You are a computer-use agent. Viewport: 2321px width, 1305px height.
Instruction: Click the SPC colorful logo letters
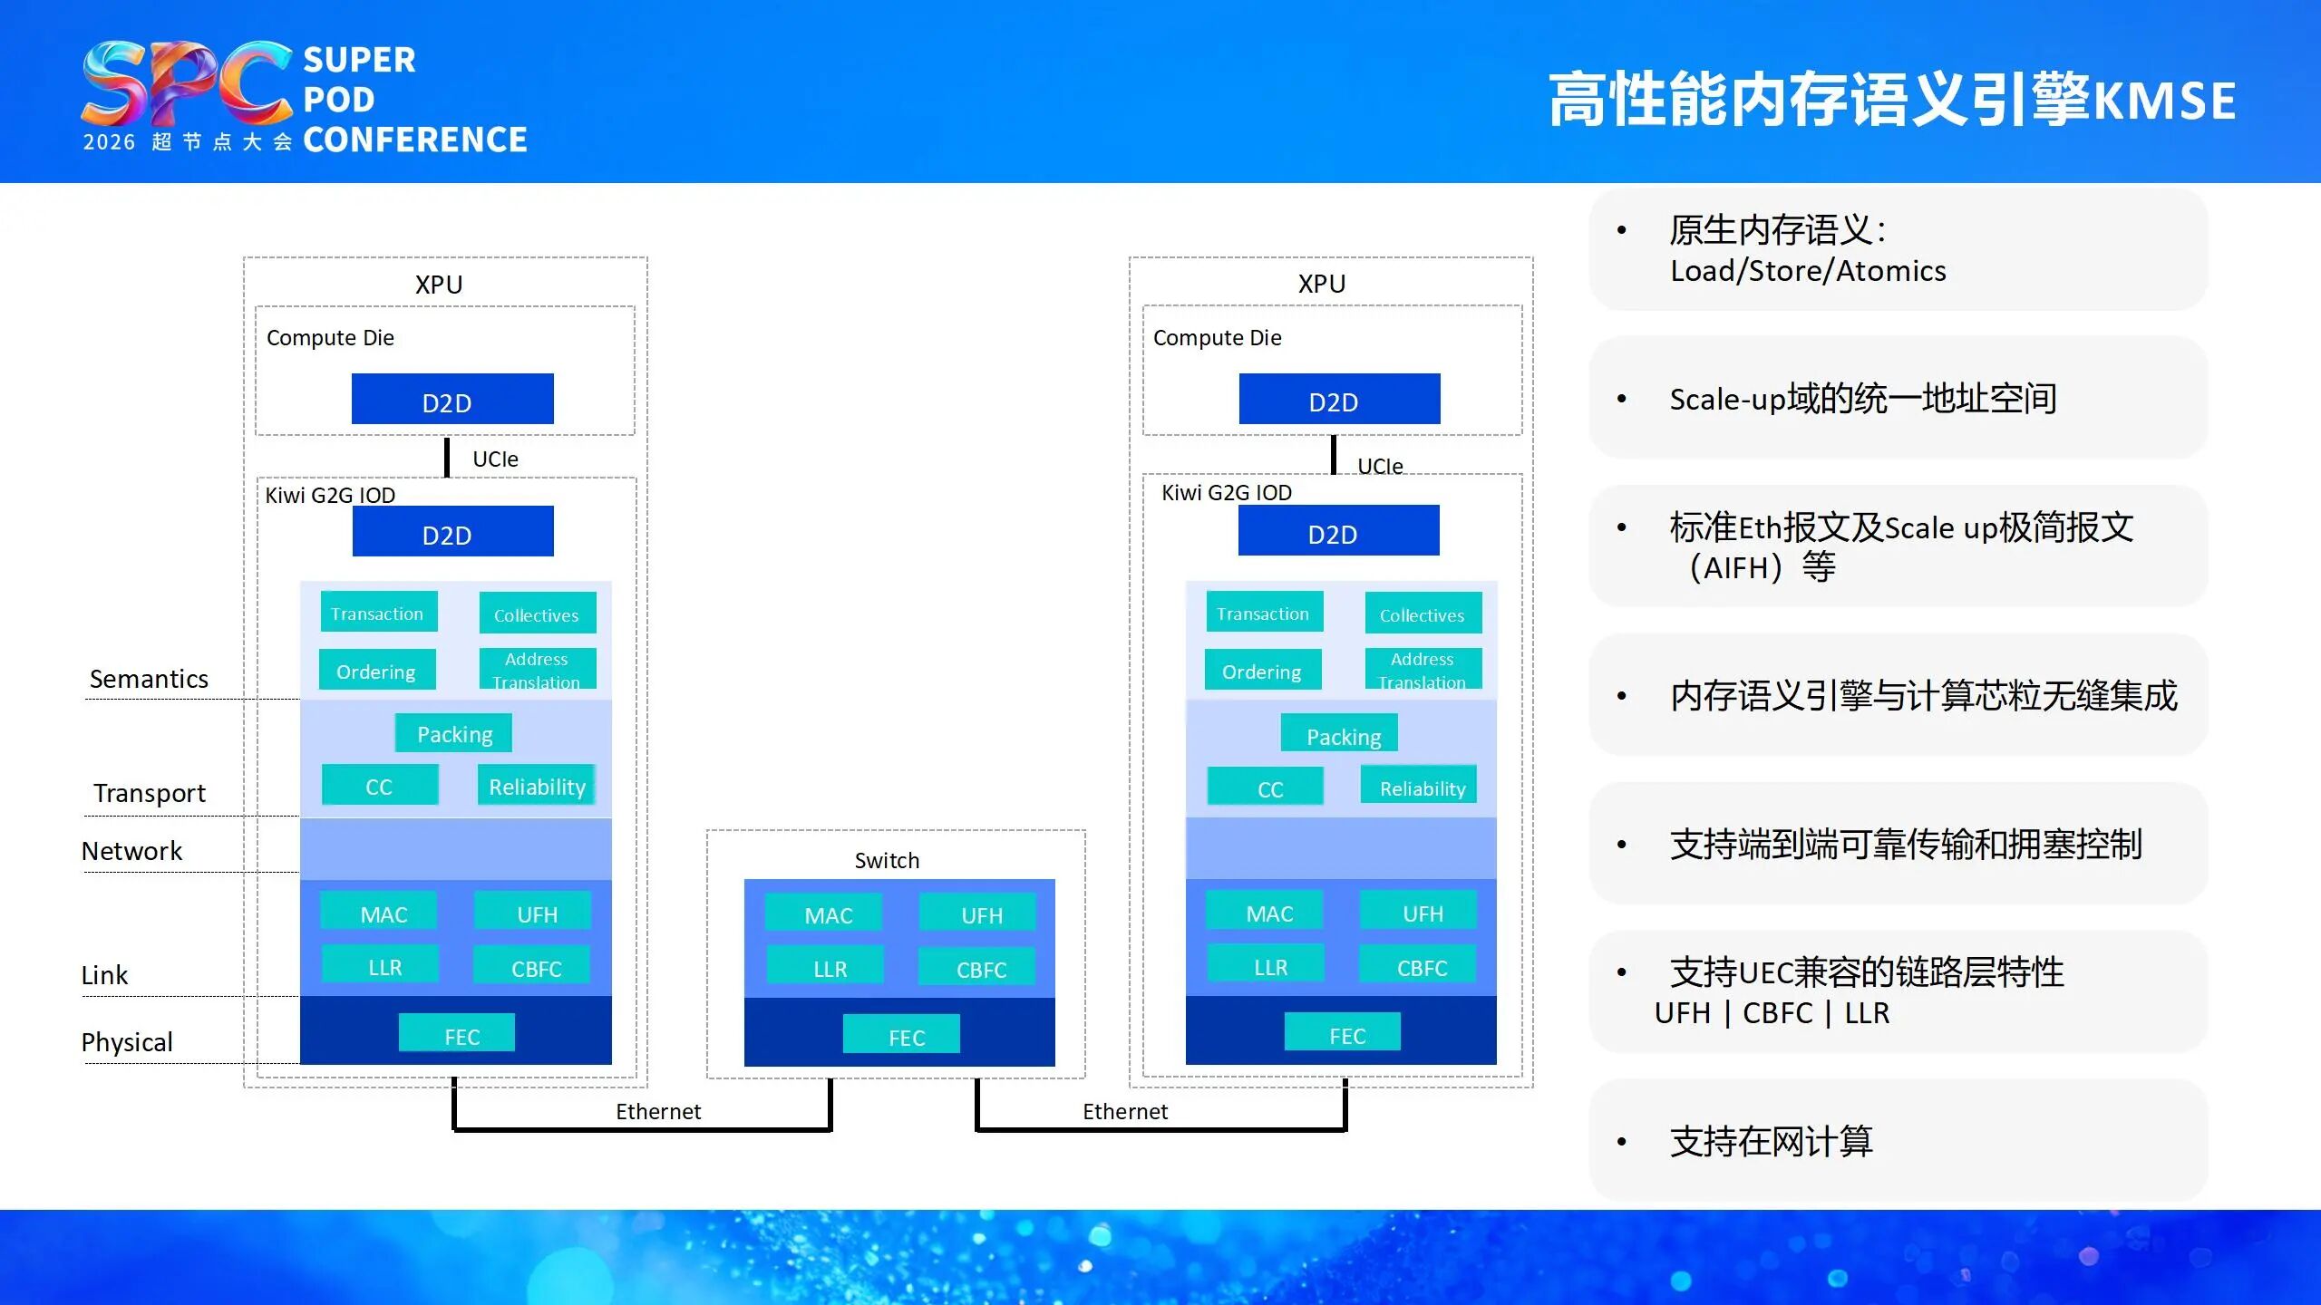[186, 83]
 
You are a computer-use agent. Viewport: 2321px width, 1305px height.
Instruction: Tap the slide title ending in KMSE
[1890, 100]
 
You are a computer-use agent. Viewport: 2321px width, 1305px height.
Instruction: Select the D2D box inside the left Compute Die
[452, 400]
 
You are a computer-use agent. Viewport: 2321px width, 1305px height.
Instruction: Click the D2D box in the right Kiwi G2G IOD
[1337, 532]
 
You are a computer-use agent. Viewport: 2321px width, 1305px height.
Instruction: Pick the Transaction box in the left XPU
[378, 613]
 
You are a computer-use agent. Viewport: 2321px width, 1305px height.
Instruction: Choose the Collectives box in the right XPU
[1422, 614]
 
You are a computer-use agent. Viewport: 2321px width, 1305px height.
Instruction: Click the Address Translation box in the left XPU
[537, 669]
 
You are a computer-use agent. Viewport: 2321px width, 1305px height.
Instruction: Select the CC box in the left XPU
[380, 786]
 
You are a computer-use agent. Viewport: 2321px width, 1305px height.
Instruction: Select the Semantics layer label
[149, 679]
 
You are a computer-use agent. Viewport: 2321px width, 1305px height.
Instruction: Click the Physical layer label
[127, 1042]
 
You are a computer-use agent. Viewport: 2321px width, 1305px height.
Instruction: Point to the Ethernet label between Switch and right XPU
[1124, 1111]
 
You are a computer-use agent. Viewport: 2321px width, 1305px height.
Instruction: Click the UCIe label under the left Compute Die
[495, 459]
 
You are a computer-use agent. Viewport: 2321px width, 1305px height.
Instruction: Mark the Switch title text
[887, 860]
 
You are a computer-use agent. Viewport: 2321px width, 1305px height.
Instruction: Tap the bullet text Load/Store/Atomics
[1807, 271]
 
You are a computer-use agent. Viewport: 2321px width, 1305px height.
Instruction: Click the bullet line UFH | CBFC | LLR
[1771, 1013]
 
